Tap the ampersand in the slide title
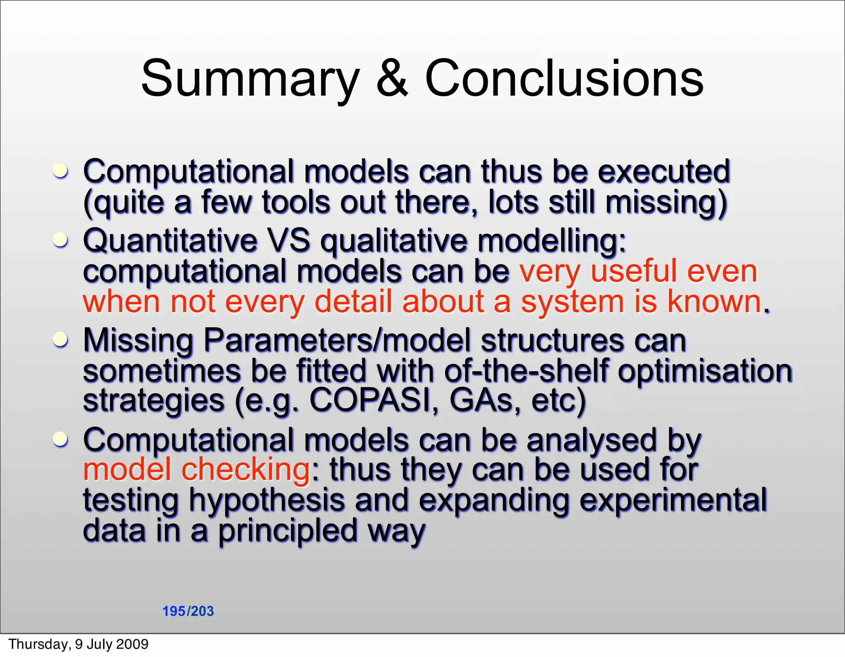pos(392,78)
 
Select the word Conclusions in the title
pos(564,78)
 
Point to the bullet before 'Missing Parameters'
pos(61,340)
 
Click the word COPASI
pos(370,400)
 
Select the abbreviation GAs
pos(481,400)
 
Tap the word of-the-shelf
pos(526,370)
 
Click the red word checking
pos(245,470)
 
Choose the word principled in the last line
pos(287,531)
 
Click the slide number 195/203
pos(188,611)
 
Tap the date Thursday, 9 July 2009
pos(78,644)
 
